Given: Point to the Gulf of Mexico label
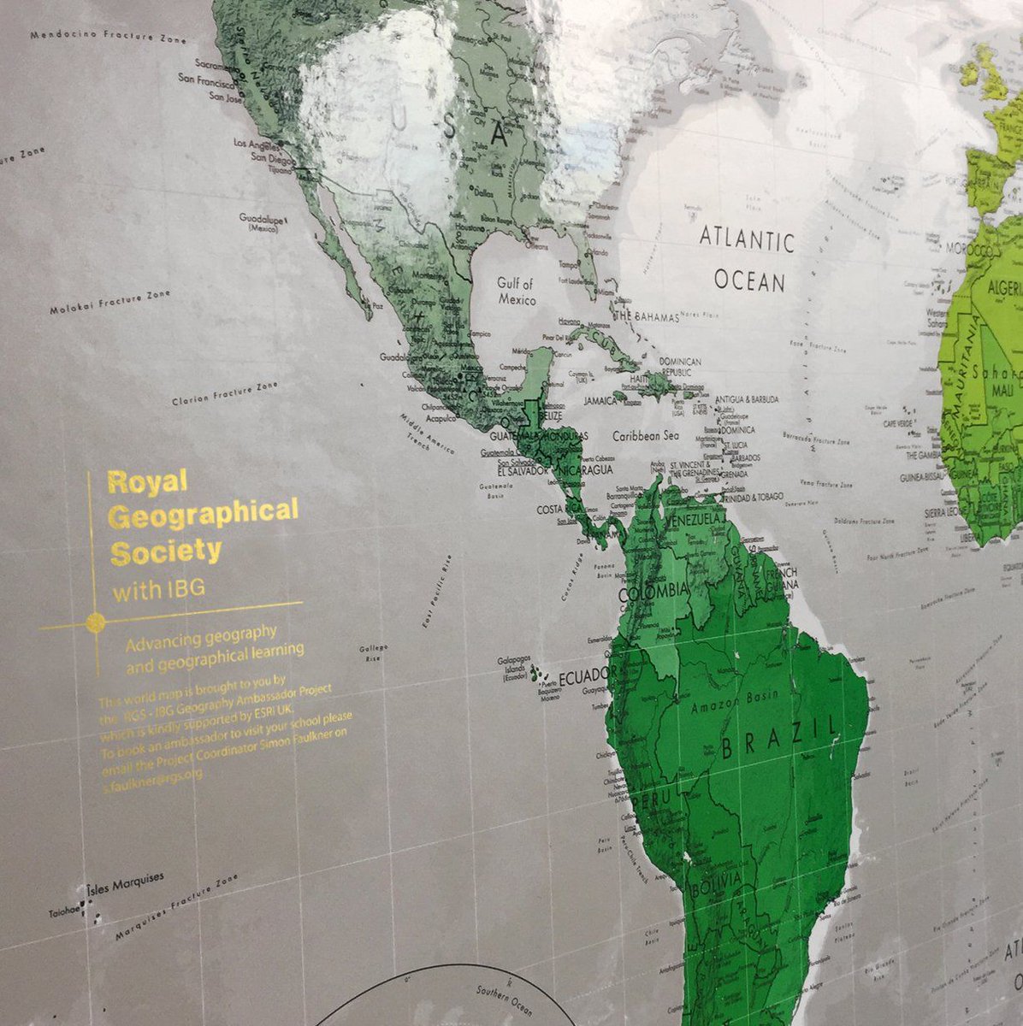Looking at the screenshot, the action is coord(517,292).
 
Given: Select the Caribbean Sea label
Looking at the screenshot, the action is coord(645,435).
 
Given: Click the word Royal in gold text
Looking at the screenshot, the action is coord(135,481).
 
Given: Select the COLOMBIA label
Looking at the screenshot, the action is coord(658,591).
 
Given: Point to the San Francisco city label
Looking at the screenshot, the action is coord(205,79).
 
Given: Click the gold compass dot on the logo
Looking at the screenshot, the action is coord(96,621).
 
